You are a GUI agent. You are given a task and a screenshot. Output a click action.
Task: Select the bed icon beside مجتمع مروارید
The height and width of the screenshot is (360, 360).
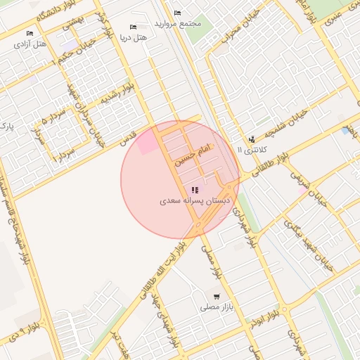[176, 13]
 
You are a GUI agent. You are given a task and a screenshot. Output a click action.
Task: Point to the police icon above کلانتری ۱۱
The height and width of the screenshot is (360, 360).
[252, 139]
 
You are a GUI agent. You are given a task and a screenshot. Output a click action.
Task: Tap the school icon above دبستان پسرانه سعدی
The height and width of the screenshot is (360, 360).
[194, 190]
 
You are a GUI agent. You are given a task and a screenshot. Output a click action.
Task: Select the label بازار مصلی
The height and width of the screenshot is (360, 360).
[216, 307]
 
